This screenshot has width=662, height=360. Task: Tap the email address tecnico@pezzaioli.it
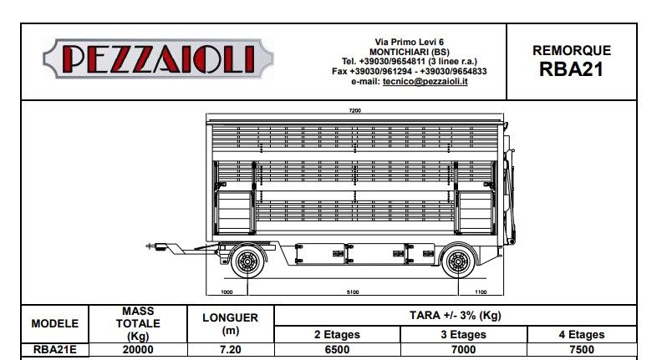[431, 82]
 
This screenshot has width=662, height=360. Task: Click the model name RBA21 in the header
[571, 69]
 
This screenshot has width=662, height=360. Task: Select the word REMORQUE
[572, 50]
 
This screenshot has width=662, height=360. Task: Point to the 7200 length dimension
[354, 110]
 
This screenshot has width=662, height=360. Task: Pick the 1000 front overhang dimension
[227, 292]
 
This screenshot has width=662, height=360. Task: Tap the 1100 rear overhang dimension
[480, 292]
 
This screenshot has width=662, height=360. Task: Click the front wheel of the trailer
[247, 262]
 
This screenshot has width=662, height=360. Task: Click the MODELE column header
[55, 323]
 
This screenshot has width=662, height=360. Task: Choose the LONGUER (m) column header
[230, 323]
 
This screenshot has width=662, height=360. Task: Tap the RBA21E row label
[55, 350]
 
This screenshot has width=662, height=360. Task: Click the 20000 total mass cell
[138, 350]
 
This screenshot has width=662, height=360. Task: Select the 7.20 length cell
[230, 350]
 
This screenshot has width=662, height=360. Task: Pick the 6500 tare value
[338, 350]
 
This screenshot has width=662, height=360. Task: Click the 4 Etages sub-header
[582, 334]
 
